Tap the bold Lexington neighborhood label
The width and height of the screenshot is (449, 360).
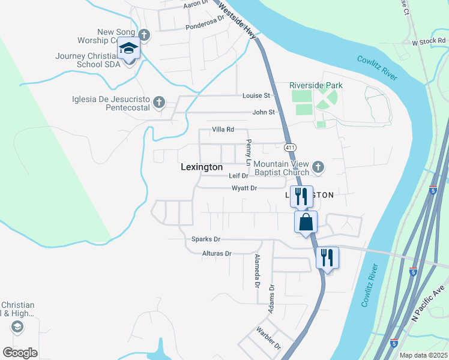point(202,168)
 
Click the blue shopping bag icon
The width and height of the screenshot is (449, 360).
point(306,221)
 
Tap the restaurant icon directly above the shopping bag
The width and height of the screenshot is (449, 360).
point(301,195)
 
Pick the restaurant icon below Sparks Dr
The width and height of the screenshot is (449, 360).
point(327,257)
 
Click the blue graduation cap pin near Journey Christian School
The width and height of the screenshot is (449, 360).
point(128,47)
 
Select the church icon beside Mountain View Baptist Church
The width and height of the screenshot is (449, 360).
point(318,166)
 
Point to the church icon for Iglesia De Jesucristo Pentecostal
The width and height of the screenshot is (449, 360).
point(158,101)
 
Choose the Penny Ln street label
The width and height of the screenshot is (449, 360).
point(248,152)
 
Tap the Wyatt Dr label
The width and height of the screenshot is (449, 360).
point(244,188)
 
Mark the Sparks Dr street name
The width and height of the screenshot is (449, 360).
point(202,239)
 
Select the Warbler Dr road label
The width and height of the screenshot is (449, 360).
point(268,338)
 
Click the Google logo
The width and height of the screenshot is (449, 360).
point(20,352)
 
